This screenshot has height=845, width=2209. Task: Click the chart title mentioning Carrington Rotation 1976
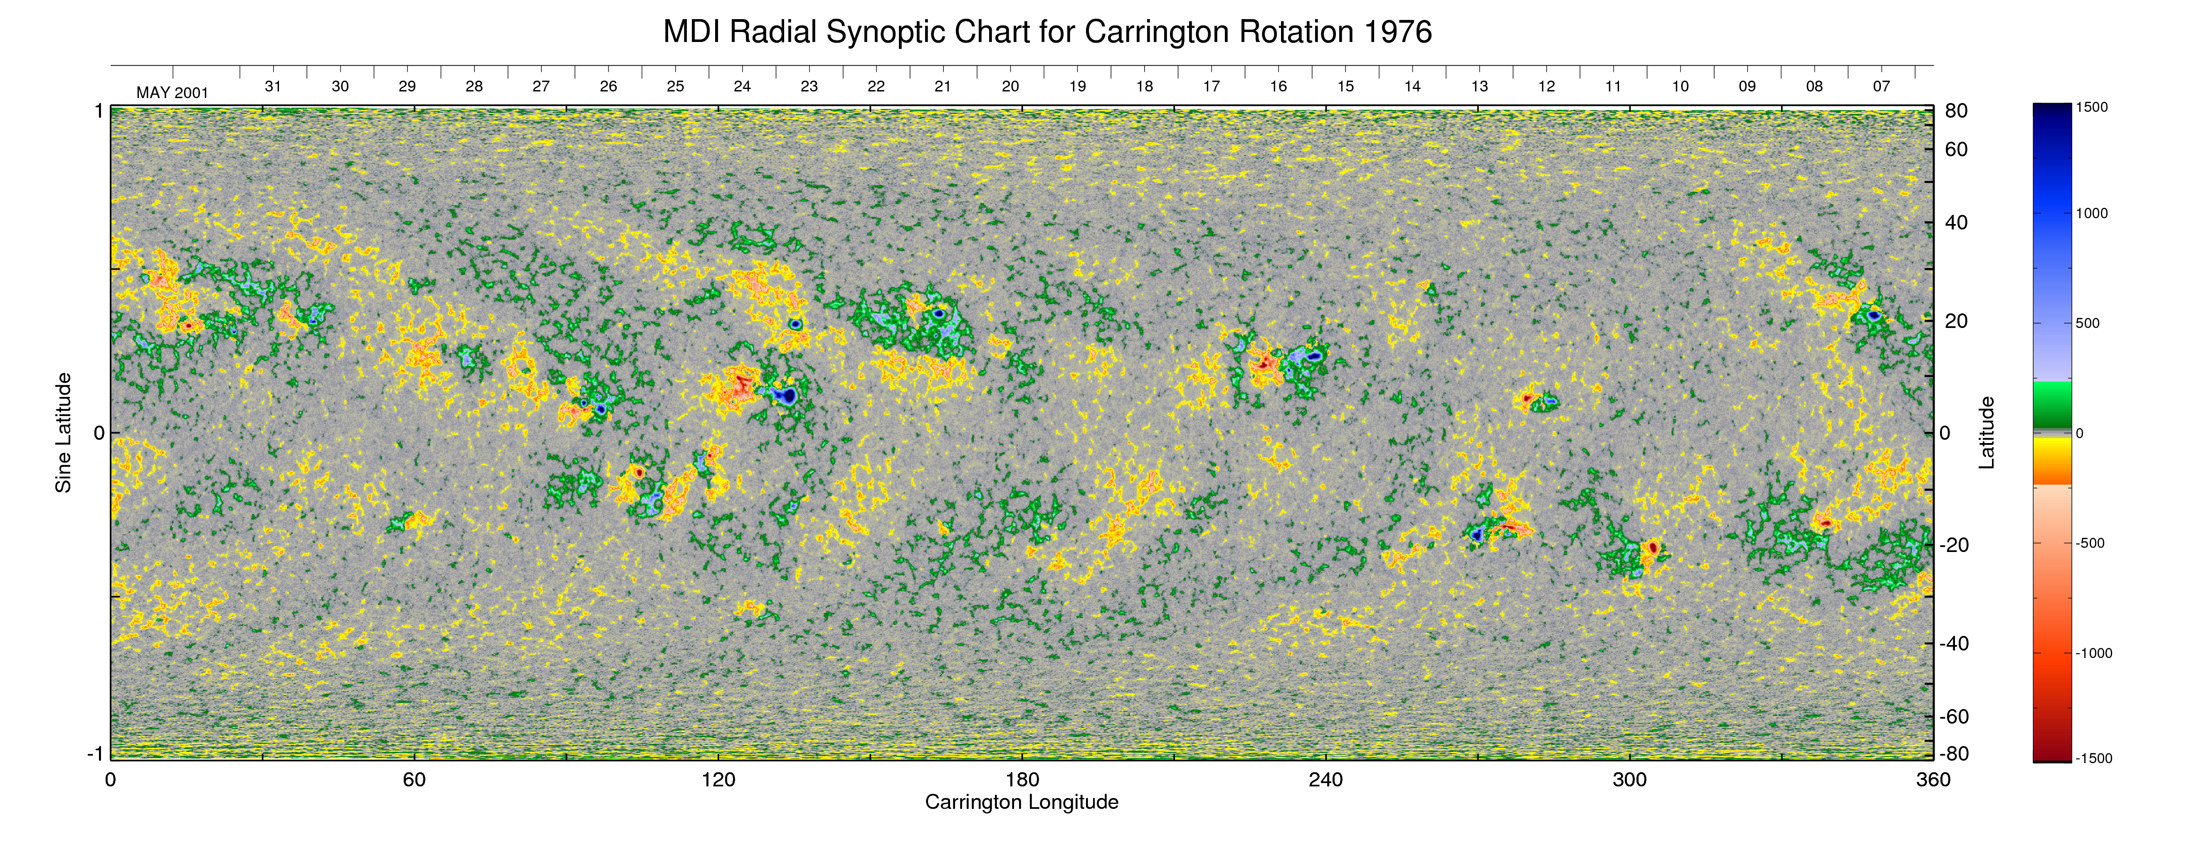(x=1047, y=32)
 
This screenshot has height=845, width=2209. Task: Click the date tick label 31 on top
(x=273, y=86)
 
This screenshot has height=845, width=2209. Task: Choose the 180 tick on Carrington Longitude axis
(x=1022, y=780)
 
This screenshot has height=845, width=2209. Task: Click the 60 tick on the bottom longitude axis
(x=414, y=780)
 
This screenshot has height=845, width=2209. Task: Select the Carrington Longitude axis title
(x=1021, y=802)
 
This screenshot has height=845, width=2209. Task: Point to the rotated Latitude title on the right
(x=1986, y=433)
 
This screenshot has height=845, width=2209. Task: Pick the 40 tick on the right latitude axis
(x=1956, y=223)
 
